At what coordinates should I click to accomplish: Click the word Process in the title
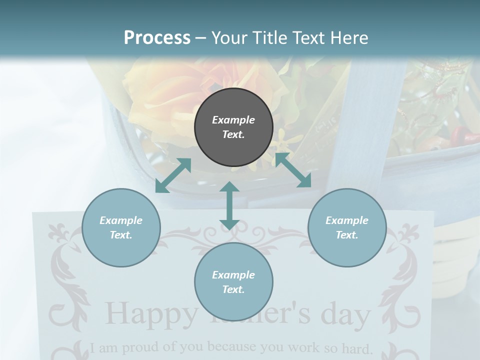pos(157,38)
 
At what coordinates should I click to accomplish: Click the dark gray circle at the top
pos(233,127)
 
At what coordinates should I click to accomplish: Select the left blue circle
pos(121,227)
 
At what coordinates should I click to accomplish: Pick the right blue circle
pos(347,227)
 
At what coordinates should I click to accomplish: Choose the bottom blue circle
pos(233,282)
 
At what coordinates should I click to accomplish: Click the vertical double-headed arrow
pos(229,205)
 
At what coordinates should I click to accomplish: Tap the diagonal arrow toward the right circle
pos(293,170)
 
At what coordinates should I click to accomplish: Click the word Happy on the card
pos(151,314)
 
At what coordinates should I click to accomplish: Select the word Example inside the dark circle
pos(233,120)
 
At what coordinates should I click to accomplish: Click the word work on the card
pos(306,346)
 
